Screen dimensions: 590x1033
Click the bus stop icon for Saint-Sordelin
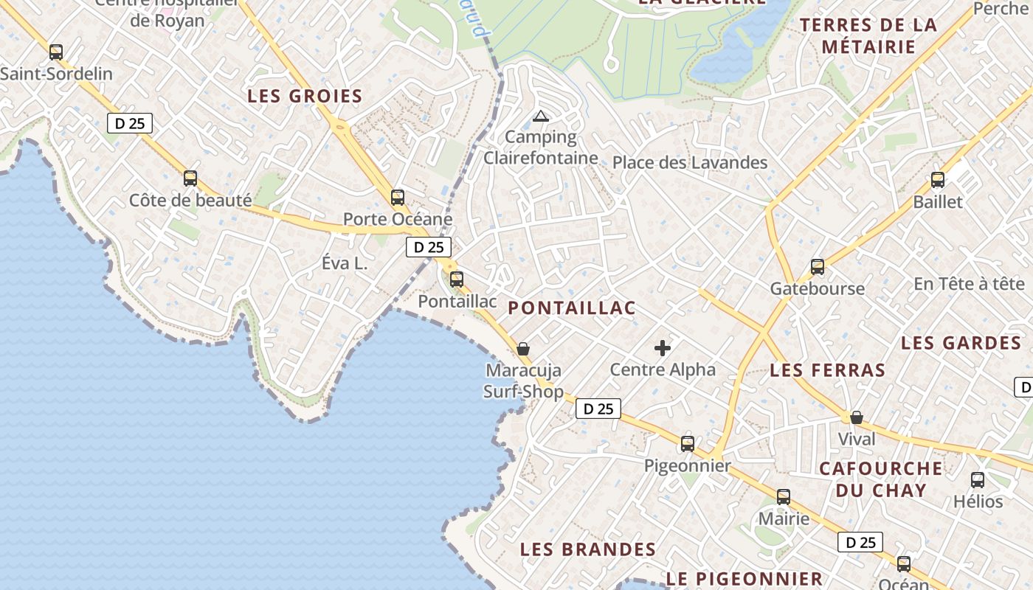pyautogui.click(x=56, y=52)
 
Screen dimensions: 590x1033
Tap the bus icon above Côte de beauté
pyautogui.click(x=190, y=178)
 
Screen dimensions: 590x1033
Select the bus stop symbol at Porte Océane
pyautogui.click(x=398, y=197)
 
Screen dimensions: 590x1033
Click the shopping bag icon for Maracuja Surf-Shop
pyautogui.click(x=523, y=348)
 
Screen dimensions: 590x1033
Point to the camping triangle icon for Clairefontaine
pyautogui.click(x=541, y=116)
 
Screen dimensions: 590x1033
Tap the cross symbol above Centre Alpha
pyautogui.click(x=663, y=348)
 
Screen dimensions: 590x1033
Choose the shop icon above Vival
pyautogui.click(x=857, y=417)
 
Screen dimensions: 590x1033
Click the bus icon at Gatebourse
pyautogui.click(x=818, y=266)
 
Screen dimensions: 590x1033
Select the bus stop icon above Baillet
pyautogui.click(x=938, y=179)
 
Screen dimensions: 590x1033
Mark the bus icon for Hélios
pyautogui.click(x=978, y=479)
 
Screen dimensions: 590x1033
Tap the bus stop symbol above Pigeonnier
pyautogui.click(x=688, y=443)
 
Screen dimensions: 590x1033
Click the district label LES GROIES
pyautogui.click(x=305, y=96)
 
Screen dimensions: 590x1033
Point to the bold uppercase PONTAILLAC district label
pyautogui.click(x=572, y=308)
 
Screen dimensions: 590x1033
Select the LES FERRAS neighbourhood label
pyautogui.click(x=827, y=370)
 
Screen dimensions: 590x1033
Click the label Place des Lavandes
pyautogui.click(x=690, y=162)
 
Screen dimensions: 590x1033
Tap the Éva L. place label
pyautogui.click(x=345, y=263)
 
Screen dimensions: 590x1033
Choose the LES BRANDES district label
pyautogui.click(x=588, y=549)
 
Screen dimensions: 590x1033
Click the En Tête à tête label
pyautogui.click(x=969, y=283)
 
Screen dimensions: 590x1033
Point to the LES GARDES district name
pyautogui.click(x=961, y=343)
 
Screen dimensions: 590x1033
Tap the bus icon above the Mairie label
pyautogui.click(x=784, y=496)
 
